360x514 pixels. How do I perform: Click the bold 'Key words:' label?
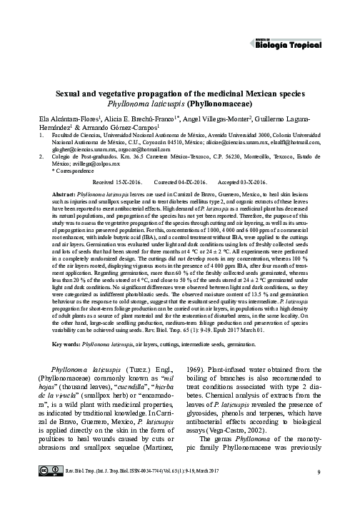point(66,343)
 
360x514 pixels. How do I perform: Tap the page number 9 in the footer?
point(316,493)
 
